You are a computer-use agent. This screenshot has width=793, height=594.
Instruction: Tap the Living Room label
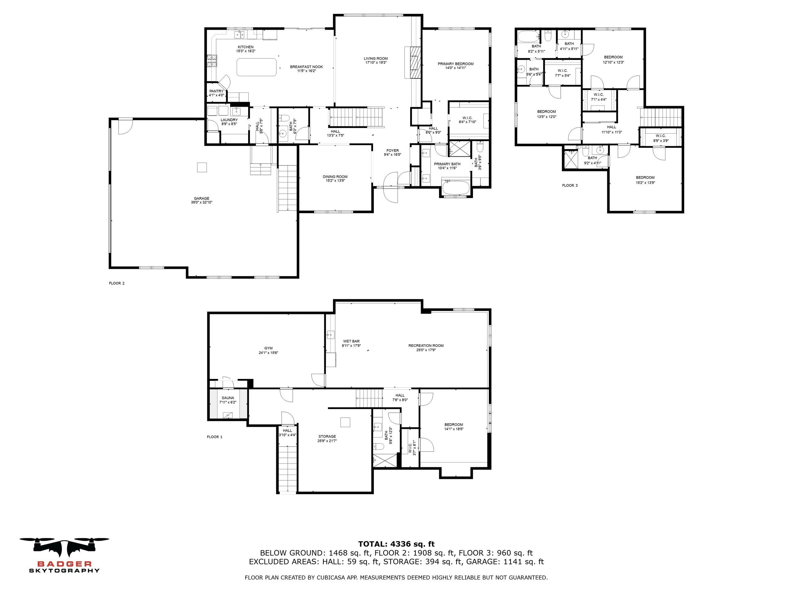(x=376, y=58)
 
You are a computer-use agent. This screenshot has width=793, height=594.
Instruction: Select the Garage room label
(x=201, y=198)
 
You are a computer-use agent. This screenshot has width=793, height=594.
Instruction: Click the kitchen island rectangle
(x=257, y=67)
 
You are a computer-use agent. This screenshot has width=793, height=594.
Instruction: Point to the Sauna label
(x=228, y=398)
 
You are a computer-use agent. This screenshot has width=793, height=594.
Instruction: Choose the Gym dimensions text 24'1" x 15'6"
(x=269, y=353)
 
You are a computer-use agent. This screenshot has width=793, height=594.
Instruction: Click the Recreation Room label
(x=426, y=346)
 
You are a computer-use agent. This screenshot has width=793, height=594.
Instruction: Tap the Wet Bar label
(x=351, y=341)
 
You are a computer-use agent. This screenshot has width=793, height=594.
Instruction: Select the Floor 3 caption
(x=570, y=185)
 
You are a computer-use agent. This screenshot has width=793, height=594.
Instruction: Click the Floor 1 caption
(x=215, y=437)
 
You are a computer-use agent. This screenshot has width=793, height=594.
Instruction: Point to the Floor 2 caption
(x=117, y=283)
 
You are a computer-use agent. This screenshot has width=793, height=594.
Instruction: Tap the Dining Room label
(x=335, y=177)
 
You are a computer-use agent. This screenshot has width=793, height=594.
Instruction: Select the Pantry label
(x=217, y=91)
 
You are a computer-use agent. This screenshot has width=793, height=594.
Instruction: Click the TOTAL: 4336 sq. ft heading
(x=396, y=544)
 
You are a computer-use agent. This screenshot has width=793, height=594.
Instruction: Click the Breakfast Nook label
(x=307, y=67)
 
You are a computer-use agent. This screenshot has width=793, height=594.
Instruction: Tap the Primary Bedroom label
(x=456, y=64)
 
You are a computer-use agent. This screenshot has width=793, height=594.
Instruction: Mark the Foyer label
(x=392, y=150)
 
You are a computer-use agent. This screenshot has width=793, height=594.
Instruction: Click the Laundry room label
(x=229, y=120)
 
